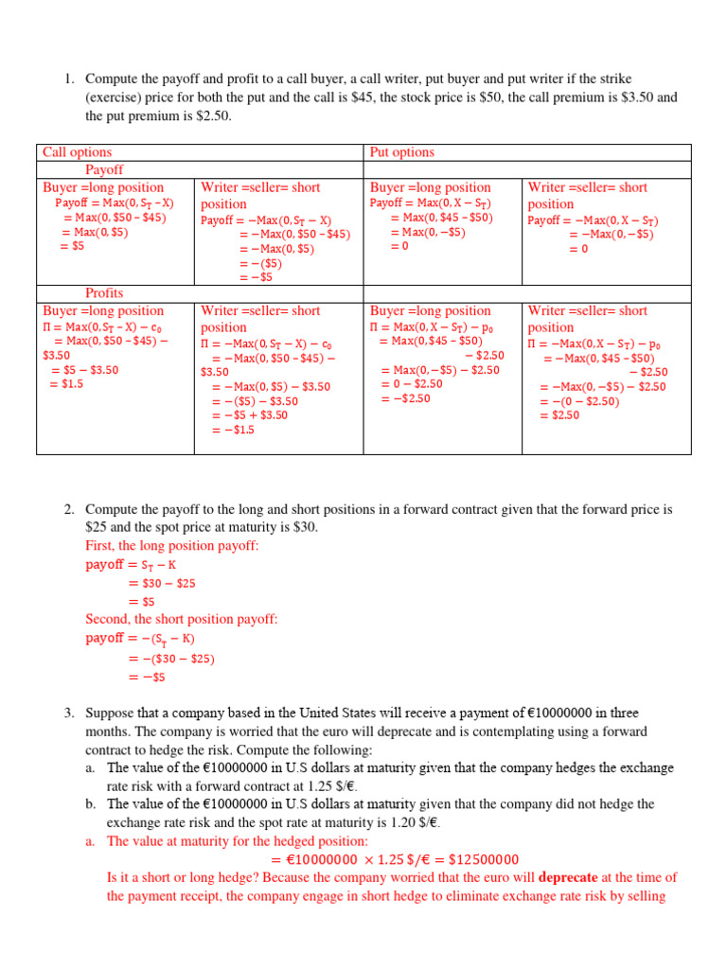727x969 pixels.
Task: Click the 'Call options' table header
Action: (77, 152)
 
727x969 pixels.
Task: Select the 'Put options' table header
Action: (401, 152)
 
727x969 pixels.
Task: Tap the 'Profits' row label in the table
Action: (104, 293)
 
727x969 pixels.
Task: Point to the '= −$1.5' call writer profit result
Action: (233, 430)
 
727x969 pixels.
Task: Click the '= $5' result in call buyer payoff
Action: (72, 246)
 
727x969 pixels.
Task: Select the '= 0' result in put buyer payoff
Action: (399, 246)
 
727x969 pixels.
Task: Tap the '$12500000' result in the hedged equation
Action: (473, 860)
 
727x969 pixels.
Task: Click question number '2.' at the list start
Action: (69, 510)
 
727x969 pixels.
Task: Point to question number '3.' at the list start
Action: (69, 713)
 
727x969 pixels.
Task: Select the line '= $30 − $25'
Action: (162, 584)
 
